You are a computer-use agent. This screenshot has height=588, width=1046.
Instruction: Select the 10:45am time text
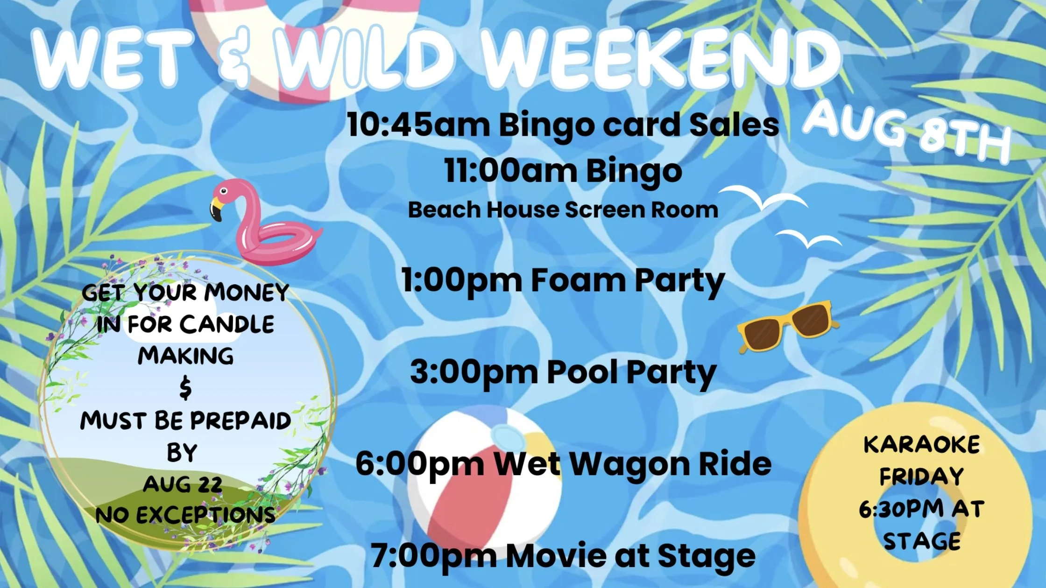click(418, 125)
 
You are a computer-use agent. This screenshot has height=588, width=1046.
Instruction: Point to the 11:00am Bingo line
click(563, 171)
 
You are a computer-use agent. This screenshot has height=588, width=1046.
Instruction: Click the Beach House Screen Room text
click(563, 210)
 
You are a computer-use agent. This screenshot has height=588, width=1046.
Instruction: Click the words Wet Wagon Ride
click(633, 464)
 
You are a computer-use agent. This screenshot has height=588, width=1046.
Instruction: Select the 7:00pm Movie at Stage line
click(563, 556)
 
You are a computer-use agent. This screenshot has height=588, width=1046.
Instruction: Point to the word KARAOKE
click(921, 444)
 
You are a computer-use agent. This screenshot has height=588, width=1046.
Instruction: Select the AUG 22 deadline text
click(183, 484)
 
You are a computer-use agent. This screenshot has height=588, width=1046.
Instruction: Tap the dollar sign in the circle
click(185, 388)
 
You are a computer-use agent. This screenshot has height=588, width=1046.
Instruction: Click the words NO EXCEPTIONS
click(185, 515)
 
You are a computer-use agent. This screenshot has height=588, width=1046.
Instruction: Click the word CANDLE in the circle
click(227, 324)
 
